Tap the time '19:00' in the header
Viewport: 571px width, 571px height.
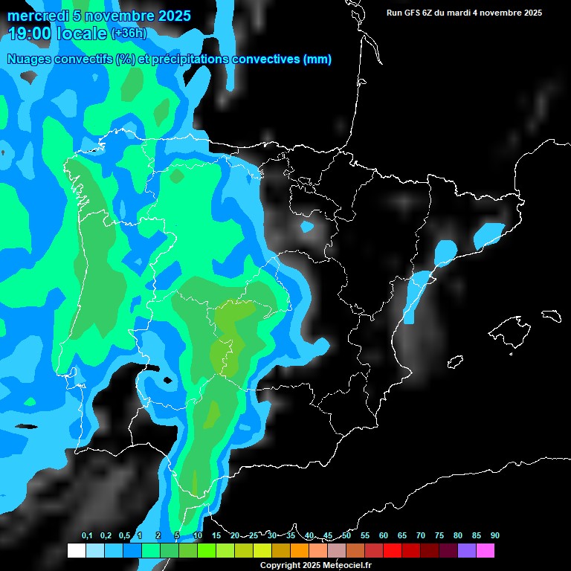(x=30, y=33)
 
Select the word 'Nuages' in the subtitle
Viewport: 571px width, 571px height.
(x=29, y=59)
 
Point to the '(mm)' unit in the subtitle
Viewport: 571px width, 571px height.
(x=317, y=59)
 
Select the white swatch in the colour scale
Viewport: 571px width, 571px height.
(x=77, y=551)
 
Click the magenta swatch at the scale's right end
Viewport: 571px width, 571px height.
(x=485, y=551)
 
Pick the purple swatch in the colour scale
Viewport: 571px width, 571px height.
(x=467, y=551)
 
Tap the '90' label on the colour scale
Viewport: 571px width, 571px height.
(x=494, y=536)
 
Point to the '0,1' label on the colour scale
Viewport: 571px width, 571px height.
(x=87, y=536)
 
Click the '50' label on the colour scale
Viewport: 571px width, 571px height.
(x=346, y=536)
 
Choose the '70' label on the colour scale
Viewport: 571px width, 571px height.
(x=421, y=536)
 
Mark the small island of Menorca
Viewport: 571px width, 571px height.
(x=551, y=314)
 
